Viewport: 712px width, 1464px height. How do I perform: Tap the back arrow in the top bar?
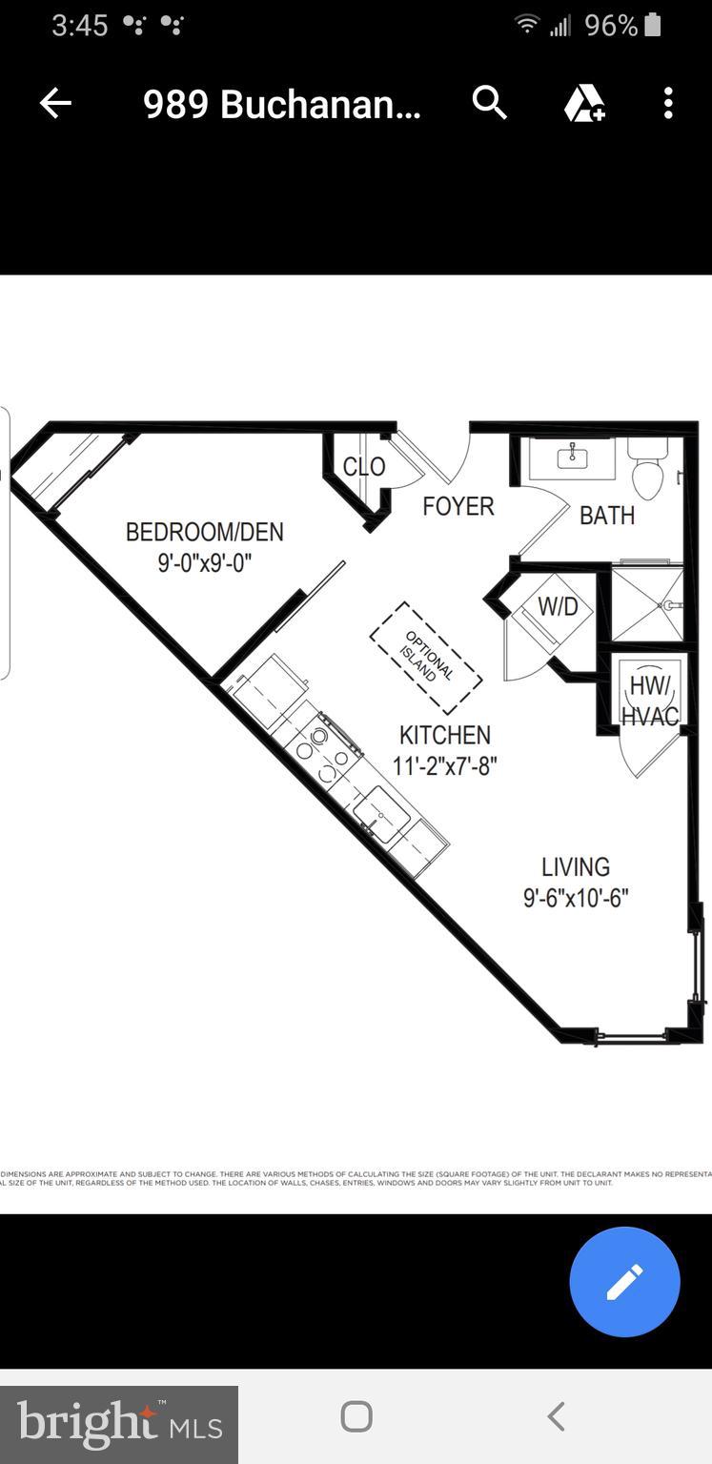[55, 103]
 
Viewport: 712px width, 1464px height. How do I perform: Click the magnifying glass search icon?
[489, 102]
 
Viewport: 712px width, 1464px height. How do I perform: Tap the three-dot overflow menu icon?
[668, 103]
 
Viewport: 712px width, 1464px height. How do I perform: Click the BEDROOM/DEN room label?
[204, 532]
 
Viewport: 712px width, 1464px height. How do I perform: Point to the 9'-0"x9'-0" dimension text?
[204, 562]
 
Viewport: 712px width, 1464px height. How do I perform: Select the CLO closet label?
[363, 467]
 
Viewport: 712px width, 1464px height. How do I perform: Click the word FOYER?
[458, 506]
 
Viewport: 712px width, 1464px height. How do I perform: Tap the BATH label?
[607, 516]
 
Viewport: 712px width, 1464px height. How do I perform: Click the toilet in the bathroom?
[648, 472]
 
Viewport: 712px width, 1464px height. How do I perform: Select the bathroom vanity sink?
[573, 458]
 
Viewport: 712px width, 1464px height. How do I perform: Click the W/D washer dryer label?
[558, 606]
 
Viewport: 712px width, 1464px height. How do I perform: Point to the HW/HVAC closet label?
[650, 701]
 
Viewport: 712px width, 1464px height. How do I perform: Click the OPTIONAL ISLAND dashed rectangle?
[426, 657]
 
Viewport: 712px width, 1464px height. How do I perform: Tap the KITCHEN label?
[445, 735]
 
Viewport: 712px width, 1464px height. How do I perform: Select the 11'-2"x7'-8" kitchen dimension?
[445, 765]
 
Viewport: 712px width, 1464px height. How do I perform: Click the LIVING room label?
[576, 867]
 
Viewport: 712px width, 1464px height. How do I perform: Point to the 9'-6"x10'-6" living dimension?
[576, 898]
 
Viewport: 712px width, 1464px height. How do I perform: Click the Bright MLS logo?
[119, 1425]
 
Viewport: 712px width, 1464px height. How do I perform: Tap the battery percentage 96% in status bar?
[611, 26]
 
